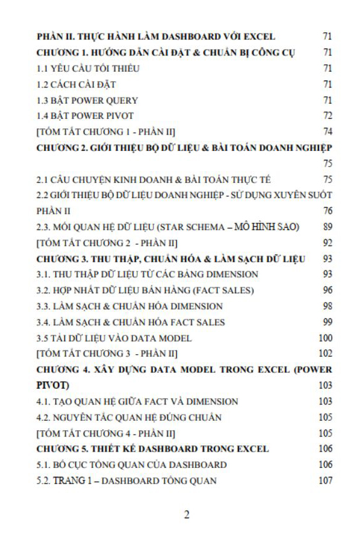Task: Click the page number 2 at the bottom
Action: (186, 515)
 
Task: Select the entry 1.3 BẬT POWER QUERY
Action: (87, 100)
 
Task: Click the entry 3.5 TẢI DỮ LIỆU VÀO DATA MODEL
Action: (114, 338)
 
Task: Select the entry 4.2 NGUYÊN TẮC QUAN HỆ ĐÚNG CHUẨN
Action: (128, 417)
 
